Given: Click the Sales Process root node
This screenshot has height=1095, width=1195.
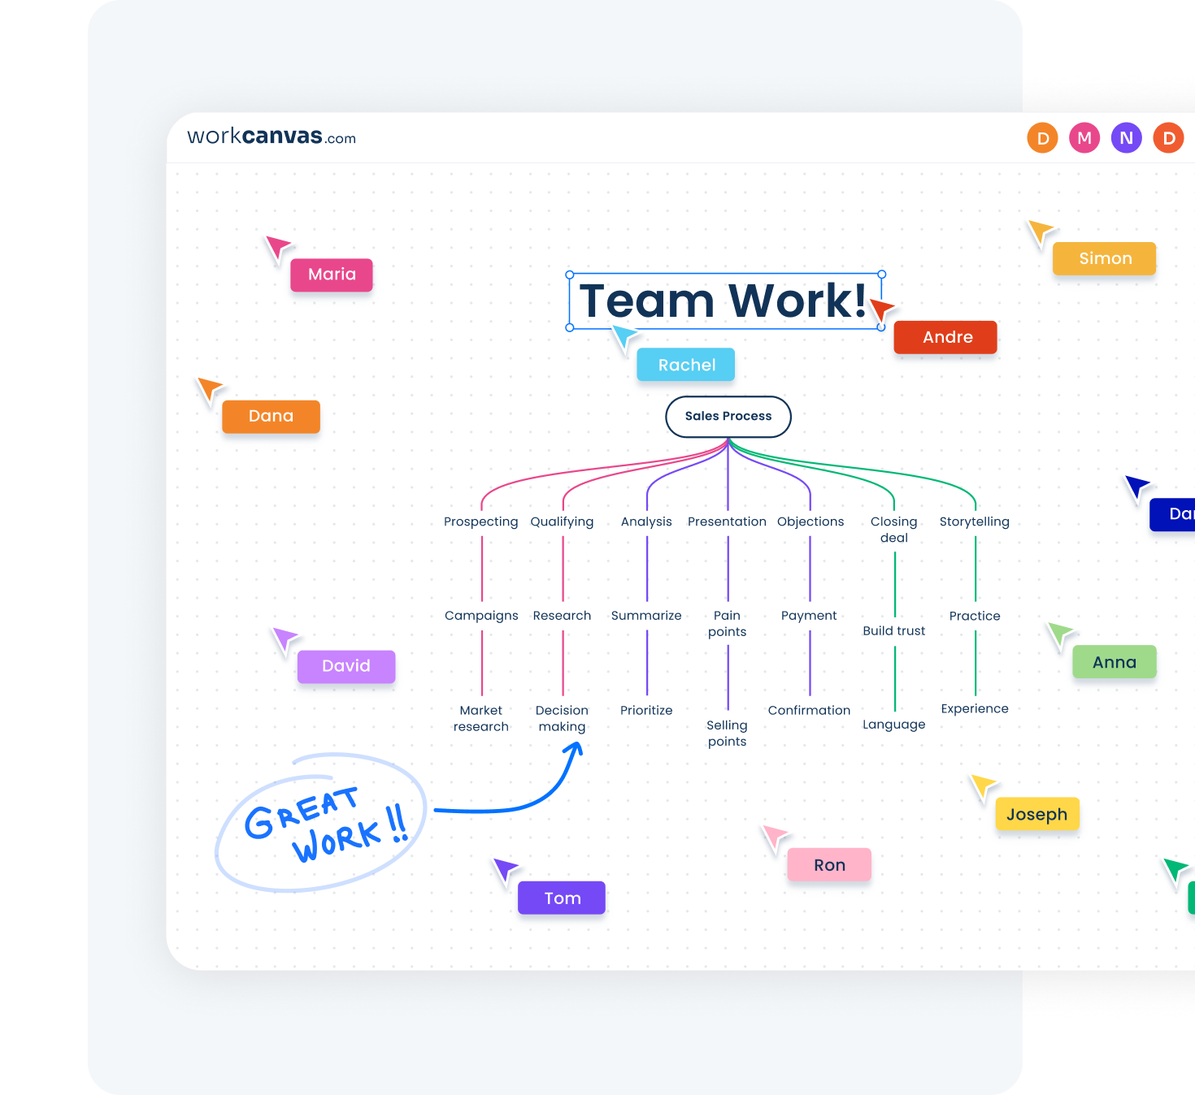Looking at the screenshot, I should (728, 416).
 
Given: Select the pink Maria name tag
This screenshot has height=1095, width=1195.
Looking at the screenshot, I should (332, 275).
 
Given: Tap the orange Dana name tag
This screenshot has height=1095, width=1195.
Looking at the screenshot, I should (271, 416).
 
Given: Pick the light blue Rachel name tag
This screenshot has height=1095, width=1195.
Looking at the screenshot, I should (686, 365).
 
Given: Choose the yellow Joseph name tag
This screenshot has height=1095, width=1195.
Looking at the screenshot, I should (1036, 814).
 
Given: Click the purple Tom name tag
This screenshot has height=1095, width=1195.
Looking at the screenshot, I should (562, 898).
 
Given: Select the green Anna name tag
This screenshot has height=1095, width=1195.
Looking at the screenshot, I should (1114, 662).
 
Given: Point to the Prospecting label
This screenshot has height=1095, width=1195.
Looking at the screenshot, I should (480, 522).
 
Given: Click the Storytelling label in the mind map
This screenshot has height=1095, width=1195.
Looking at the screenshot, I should (974, 522).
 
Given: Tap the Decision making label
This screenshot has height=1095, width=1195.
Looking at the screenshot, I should (562, 718).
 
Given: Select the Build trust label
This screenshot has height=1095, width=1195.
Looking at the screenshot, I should (893, 630).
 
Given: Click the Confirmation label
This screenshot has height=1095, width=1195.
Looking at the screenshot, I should (809, 710).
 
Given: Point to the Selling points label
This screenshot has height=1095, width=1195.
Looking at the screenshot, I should (727, 733).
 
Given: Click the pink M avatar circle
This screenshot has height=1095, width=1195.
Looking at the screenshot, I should (1084, 138).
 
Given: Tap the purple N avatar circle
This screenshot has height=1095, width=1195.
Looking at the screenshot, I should (1126, 138).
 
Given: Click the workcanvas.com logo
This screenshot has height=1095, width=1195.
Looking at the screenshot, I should (272, 136).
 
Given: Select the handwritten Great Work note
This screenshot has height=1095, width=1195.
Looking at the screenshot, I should (321, 822).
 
